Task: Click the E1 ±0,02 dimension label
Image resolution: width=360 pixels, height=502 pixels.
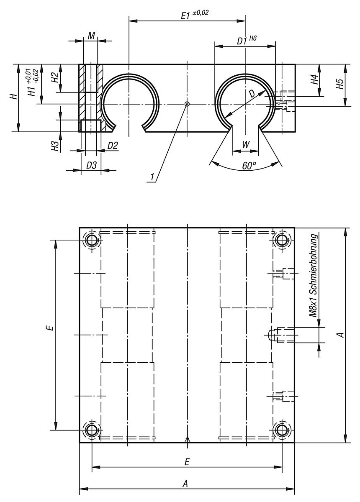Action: (x=194, y=15)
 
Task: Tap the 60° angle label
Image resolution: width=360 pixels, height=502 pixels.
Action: (x=249, y=166)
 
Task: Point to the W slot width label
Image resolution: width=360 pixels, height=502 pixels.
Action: (x=246, y=144)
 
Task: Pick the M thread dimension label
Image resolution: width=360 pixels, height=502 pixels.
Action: (x=91, y=36)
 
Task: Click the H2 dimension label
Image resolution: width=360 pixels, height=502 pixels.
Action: (x=55, y=78)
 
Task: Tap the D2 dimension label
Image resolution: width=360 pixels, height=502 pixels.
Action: (x=113, y=146)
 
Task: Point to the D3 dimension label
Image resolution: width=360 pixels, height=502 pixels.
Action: (x=91, y=165)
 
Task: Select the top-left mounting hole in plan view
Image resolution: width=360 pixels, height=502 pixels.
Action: (x=92, y=240)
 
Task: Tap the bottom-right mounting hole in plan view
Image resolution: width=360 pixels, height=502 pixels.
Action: (x=282, y=430)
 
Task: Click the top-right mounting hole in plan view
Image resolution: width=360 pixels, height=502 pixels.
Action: (x=282, y=240)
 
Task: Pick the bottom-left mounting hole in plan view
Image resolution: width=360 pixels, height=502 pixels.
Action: (x=92, y=430)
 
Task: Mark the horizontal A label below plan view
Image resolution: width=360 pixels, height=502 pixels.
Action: (x=185, y=484)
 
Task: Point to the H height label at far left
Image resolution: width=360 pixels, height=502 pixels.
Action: (x=14, y=97)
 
